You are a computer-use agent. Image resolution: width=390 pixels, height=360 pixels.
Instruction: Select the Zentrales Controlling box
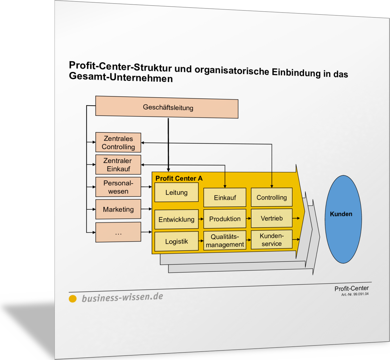118,142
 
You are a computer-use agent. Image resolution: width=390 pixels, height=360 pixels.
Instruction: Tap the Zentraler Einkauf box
118,164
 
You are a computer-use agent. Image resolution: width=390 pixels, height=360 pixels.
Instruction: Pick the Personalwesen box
118,187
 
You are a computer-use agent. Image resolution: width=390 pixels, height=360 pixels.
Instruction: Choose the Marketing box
118,209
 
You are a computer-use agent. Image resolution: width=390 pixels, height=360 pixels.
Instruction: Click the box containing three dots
118,232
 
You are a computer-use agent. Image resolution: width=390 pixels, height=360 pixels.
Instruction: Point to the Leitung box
177,192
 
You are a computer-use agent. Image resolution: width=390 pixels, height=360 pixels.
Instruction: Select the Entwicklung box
177,219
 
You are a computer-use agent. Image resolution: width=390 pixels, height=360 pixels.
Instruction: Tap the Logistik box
177,241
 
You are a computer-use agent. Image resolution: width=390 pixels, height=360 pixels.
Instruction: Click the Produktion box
225,219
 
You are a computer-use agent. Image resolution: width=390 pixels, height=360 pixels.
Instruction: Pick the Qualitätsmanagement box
225,240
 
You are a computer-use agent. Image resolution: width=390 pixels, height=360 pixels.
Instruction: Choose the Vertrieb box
272,218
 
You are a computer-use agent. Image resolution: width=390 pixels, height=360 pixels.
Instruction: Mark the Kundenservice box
272,240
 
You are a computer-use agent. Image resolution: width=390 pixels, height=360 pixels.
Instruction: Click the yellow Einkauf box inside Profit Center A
225,198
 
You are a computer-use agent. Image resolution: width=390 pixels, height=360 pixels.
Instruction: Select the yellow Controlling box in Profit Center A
272,197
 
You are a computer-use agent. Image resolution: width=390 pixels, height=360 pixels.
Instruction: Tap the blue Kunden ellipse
343,219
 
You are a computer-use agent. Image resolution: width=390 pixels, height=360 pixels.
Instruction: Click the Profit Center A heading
179,178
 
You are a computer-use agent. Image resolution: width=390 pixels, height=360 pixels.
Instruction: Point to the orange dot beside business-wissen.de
73,299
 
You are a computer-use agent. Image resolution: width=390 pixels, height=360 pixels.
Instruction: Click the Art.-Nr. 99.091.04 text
355,294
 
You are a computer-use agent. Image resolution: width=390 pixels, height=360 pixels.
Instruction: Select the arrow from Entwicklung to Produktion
201,219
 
